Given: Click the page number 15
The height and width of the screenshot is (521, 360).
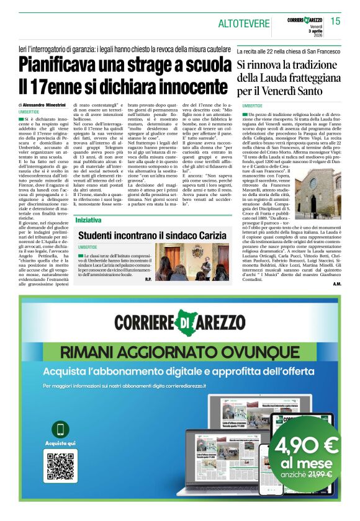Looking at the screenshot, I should tap(336, 22).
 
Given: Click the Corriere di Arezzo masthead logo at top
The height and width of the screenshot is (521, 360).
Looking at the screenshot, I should tap(306, 20).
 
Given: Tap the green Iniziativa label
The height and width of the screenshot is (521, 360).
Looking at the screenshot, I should tap(88, 220).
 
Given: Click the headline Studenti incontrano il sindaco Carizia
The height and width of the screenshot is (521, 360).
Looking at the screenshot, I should tap(153, 236).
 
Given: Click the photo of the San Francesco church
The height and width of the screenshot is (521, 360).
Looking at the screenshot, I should tap(320, 193).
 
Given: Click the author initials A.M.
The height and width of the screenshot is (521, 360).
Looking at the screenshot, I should tap(336, 284).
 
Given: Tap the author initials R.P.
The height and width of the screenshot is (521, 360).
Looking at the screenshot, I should tap(147, 279).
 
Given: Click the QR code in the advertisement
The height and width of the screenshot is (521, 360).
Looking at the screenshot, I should tap(60, 469).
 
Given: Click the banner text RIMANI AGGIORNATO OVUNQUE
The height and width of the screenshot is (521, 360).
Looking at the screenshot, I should tap(180, 352).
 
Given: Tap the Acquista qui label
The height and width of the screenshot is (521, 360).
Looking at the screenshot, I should tap(60, 443).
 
